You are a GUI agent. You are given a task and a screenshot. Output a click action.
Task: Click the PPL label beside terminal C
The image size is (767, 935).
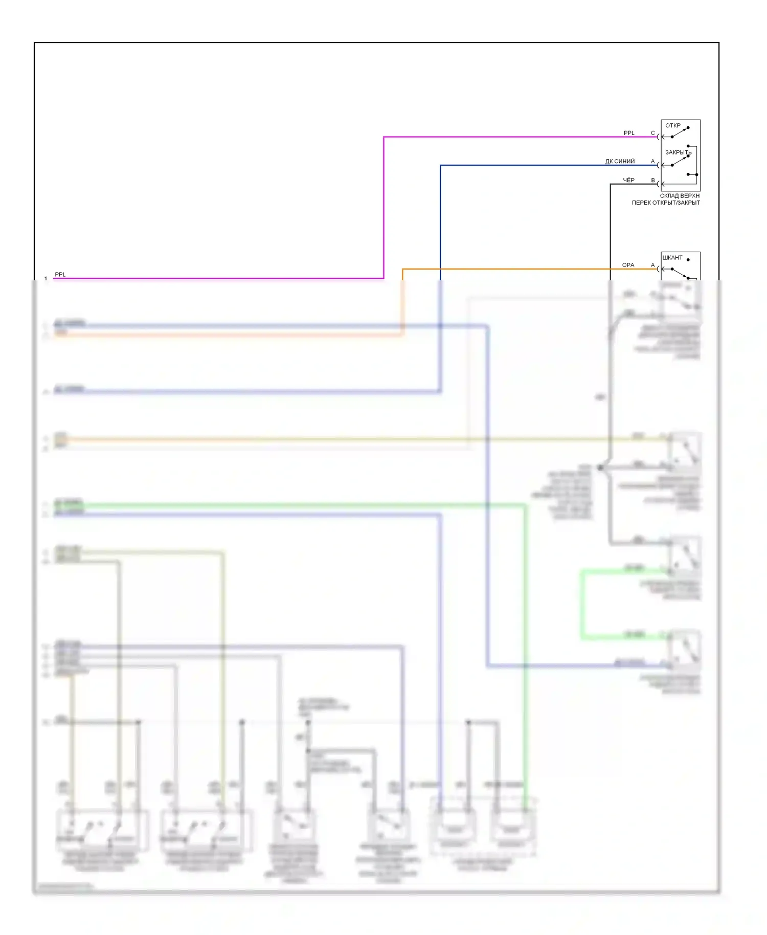click(x=628, y=133)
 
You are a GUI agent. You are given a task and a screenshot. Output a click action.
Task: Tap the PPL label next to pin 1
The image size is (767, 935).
click(x=60, y=275)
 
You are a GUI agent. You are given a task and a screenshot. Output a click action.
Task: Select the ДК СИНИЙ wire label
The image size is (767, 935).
click(x=620, y=161)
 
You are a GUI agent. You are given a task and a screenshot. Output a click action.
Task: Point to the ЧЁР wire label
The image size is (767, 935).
click(x=628, y=180)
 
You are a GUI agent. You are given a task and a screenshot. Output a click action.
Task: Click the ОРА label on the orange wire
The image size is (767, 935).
click(x=628, y=265)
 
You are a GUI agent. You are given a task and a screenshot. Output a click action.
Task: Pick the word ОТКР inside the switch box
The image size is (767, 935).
click(x=672, y=125)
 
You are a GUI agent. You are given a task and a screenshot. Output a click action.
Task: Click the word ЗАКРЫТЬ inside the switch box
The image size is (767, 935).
click(x=678, y=152)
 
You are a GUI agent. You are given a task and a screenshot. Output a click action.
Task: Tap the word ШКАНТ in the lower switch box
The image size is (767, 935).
click(x=672, y=257)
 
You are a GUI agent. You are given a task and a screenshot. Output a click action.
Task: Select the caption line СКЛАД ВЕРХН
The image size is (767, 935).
click(x=680, y=196)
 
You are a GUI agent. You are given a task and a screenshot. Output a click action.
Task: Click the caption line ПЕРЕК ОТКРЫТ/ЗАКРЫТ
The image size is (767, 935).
click(x=666, y=203)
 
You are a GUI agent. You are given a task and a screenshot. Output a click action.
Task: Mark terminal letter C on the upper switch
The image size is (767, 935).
click(x=652, y=133)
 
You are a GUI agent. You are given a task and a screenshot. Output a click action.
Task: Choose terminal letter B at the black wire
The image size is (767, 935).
click(x=653, y=180)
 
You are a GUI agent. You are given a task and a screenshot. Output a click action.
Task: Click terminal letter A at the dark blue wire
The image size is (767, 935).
click(x=652, y=161)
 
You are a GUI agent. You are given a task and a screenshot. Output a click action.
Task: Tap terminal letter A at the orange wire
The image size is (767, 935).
click(x=652, y=265)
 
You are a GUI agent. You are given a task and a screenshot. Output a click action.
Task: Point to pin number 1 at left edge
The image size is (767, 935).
click(x=46, y=279)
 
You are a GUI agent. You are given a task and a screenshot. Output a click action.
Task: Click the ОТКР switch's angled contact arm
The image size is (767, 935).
click(x=680, y=132)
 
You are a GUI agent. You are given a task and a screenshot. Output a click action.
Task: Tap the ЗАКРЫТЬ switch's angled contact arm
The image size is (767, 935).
click(x=680, y=161)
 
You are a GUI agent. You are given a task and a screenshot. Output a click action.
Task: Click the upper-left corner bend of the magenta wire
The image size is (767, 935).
click(x=384, y=137)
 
